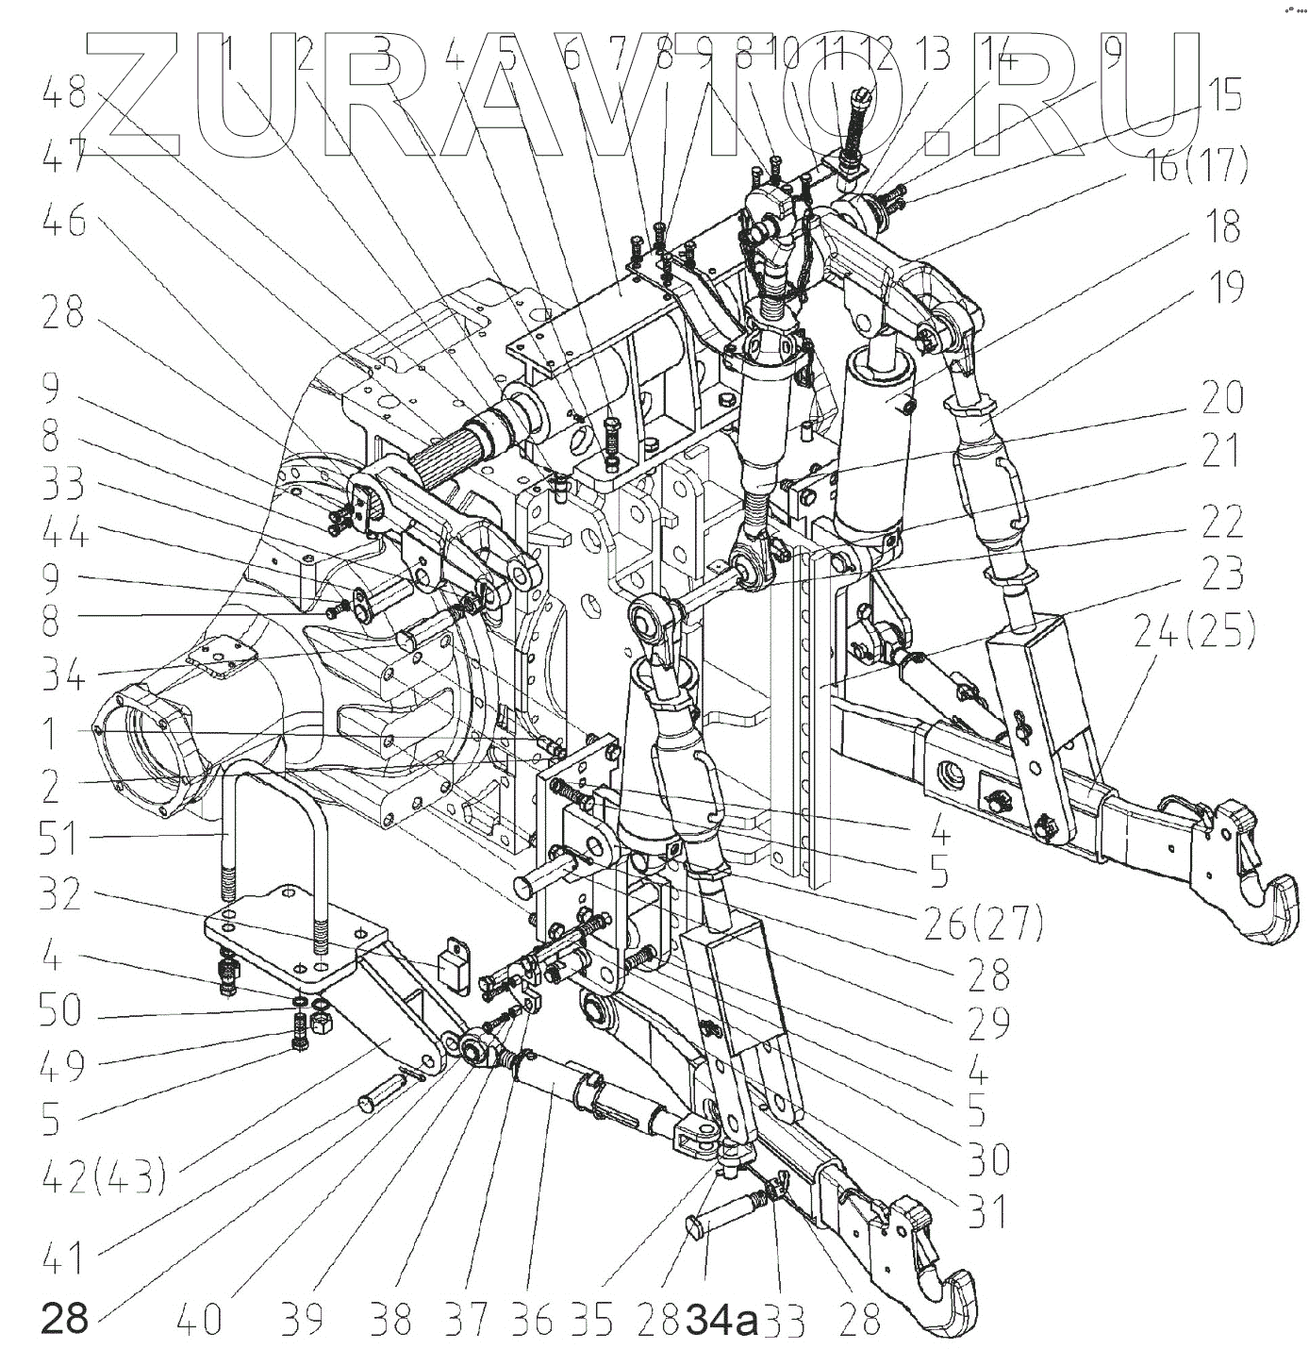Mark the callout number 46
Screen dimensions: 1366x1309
tap(64, 224)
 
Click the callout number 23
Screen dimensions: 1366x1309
tap(1222, 575)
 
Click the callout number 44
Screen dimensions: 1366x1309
tap(64, 535)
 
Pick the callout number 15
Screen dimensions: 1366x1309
tap(1222, 97)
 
